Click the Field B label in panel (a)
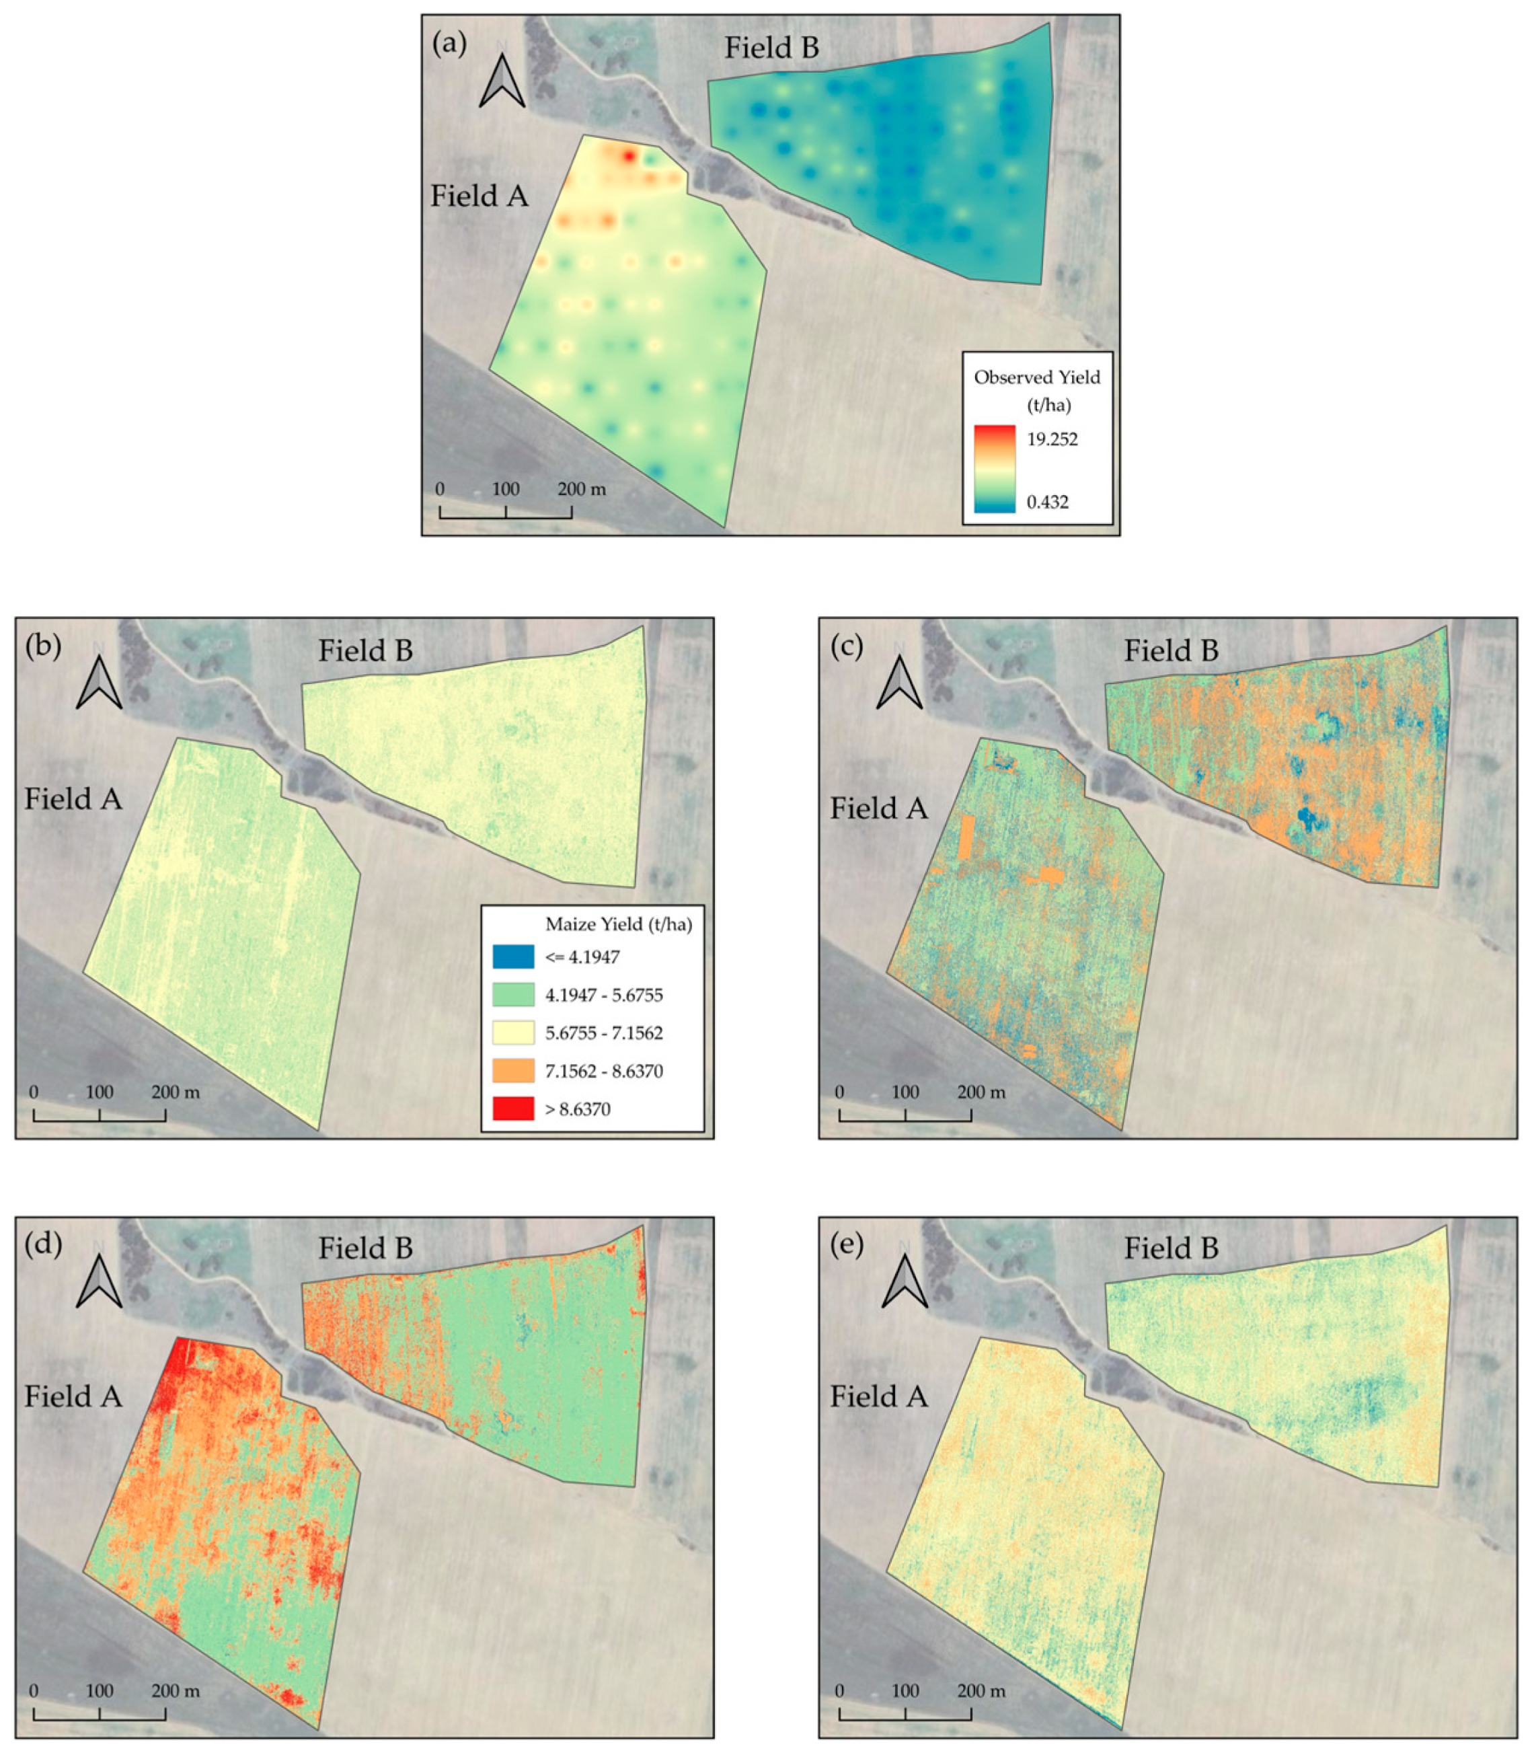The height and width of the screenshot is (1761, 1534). (x=771, y=48)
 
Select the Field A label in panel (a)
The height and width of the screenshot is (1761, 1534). (x=479, y=196)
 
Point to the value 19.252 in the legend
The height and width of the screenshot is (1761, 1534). (x=1052, y=439)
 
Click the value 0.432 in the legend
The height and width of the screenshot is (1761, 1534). (x=1048, y=502)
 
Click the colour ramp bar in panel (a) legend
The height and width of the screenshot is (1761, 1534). (x=995, y=469)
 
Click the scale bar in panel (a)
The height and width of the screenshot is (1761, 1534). (x=506, y=512)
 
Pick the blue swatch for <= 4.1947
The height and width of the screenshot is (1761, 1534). (x=512, y=957)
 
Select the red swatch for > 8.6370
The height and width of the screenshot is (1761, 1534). (x=512, y=1109)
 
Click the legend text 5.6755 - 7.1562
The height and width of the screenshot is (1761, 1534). (x=603, y=1033)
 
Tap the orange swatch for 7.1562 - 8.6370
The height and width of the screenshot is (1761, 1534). (x=512, y=1070)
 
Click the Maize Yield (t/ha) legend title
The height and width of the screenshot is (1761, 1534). (x=618, y=924)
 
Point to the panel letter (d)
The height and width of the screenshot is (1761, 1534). (x=43, y=1242)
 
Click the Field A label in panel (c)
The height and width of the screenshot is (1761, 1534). (x=878, y=808)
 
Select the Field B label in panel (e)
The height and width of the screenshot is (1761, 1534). (x=1170, y=1248)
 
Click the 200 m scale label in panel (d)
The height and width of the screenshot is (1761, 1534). (x=176, y=1691)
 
